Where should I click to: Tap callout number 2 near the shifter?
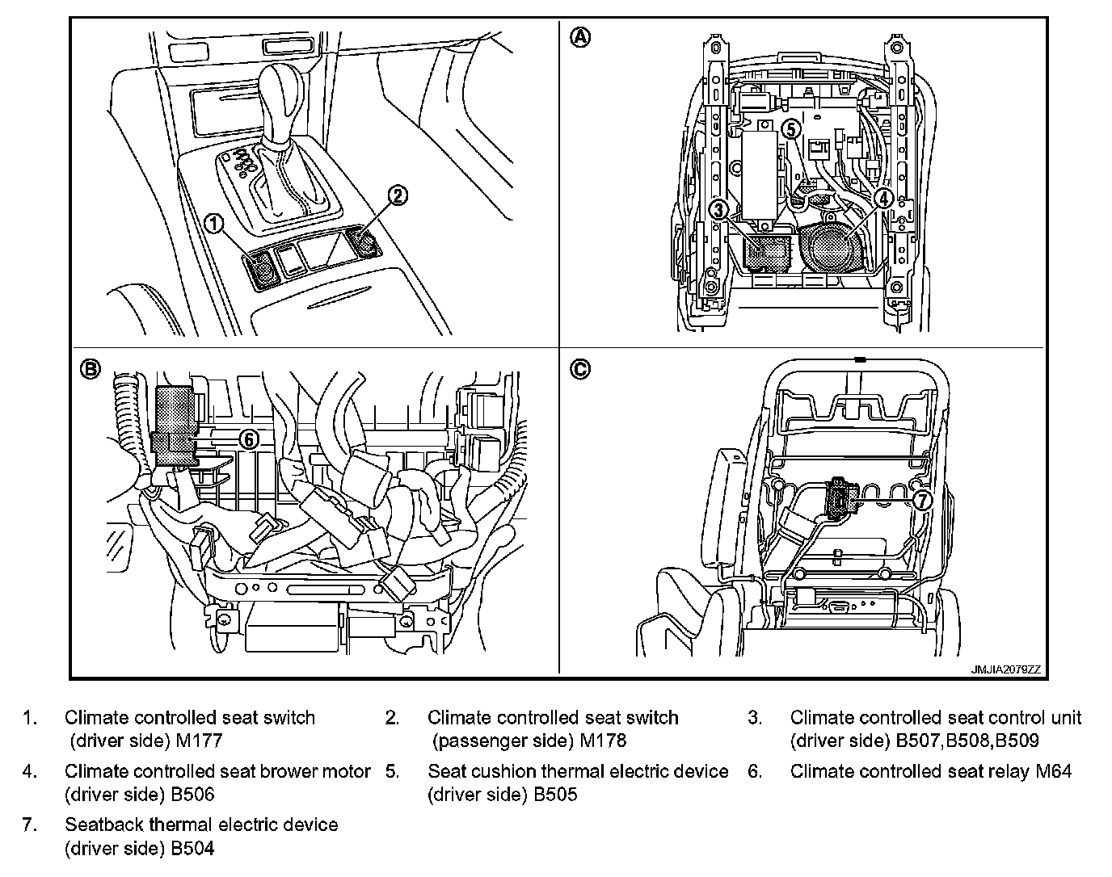pyautogui.click(x=398, y=195)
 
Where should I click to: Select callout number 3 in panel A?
pyautogui.click(x=718, y=210)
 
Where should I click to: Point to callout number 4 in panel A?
pyautogui.click(x=883, y=196)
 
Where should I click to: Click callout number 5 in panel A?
pyautogui.click(x=791, y=128)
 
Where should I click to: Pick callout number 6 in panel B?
pyautogui.click(x=250, y=438)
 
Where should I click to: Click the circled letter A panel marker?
pyautogui.click(x=580, y=36)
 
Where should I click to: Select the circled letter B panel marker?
pyautogui.click(x=91, y=369)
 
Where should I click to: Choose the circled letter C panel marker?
pyautogui.click(x=580, y=369)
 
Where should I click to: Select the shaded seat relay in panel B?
pyautogui.click(x=175, y=426)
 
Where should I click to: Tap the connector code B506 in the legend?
pyautogui.click(x=192, y=794)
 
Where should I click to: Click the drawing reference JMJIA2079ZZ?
pyautogui.click(x=1005, y=669)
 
